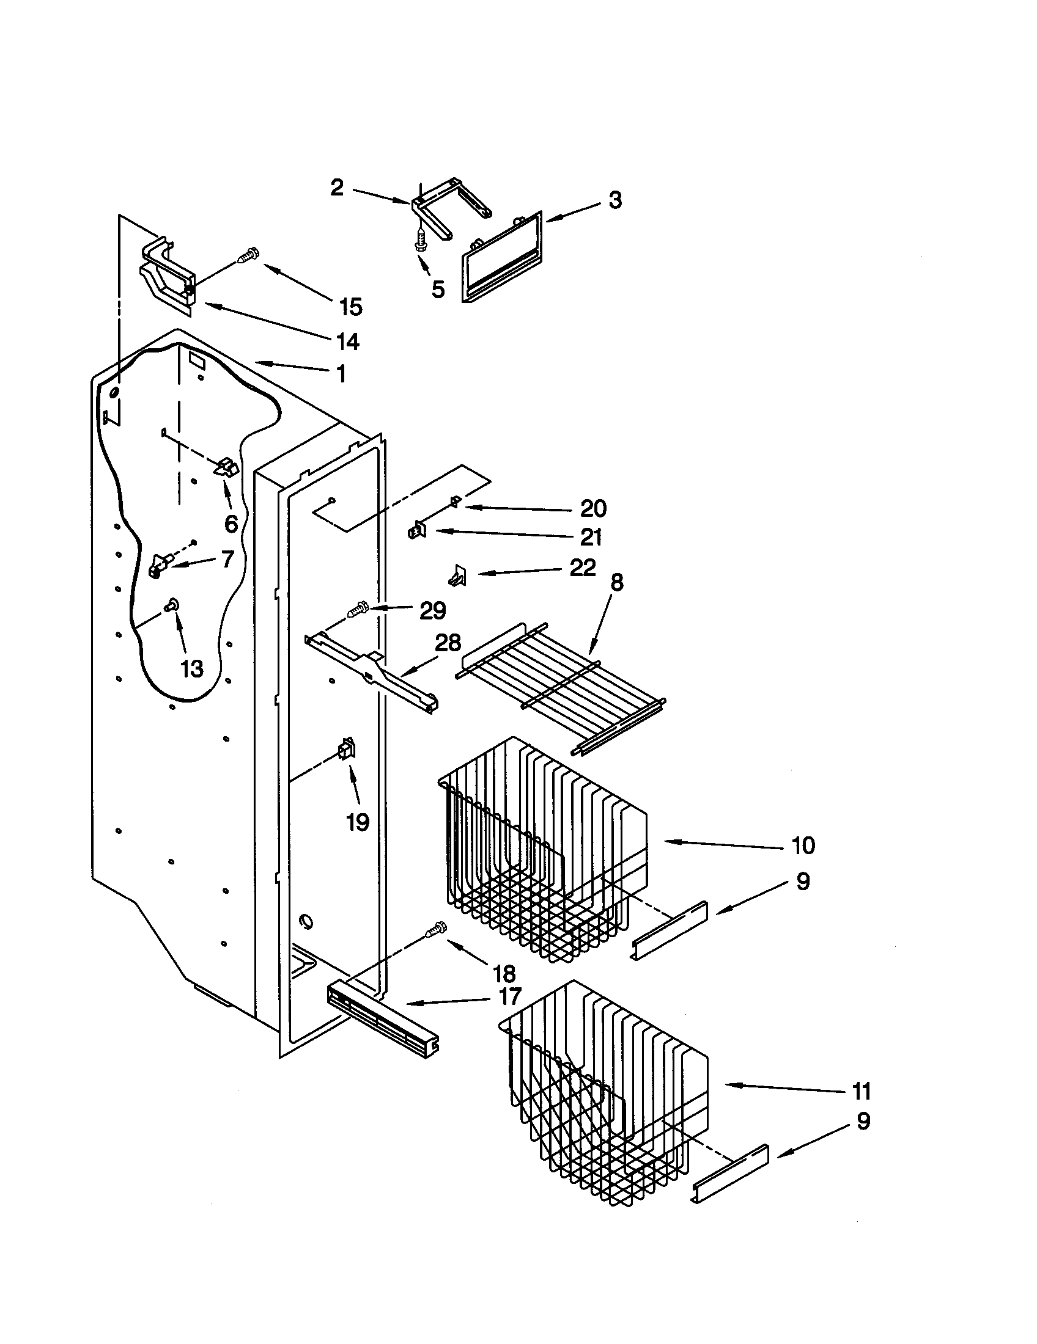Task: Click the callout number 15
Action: (x=351, y=307)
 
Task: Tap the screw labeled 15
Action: (x=248, y=255)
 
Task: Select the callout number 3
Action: (x=615, y=200)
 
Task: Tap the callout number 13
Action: (x=191, y=668)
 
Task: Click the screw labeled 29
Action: (x=358, y=612)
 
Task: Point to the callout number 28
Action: (x=448, y=644)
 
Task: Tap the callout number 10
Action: (x=803, y=845)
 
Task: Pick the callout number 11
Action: (x=861, y=1091)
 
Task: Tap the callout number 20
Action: (x=593, y=508)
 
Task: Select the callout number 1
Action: (x=341, y=373)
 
